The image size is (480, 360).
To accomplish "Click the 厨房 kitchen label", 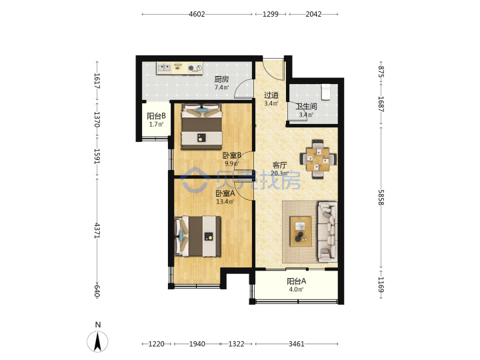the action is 221,79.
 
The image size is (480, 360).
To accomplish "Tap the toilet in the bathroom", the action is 326,92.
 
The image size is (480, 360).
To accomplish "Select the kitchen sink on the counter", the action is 165,68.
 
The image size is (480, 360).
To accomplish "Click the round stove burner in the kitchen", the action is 191,68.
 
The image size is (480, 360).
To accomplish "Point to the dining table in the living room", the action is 319,159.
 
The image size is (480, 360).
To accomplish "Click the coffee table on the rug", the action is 301,231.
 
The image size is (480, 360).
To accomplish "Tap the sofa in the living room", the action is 327,232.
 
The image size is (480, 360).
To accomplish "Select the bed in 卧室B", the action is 202,127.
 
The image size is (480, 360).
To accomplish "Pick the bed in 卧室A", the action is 198,236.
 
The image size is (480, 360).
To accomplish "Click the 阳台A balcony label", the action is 296,281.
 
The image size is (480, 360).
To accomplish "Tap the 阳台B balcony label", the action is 156,116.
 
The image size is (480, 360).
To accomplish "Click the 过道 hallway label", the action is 271,95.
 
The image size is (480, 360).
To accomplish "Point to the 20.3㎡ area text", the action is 279,173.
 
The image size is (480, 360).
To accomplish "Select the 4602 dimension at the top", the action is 197,14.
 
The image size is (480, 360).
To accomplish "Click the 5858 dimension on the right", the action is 381,197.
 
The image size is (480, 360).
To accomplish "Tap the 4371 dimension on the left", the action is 97,231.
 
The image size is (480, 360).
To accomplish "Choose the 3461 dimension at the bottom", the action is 296,344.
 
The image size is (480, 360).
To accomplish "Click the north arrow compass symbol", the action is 97,341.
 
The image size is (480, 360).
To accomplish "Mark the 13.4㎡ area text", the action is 225,202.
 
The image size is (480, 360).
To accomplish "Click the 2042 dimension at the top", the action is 313,14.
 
